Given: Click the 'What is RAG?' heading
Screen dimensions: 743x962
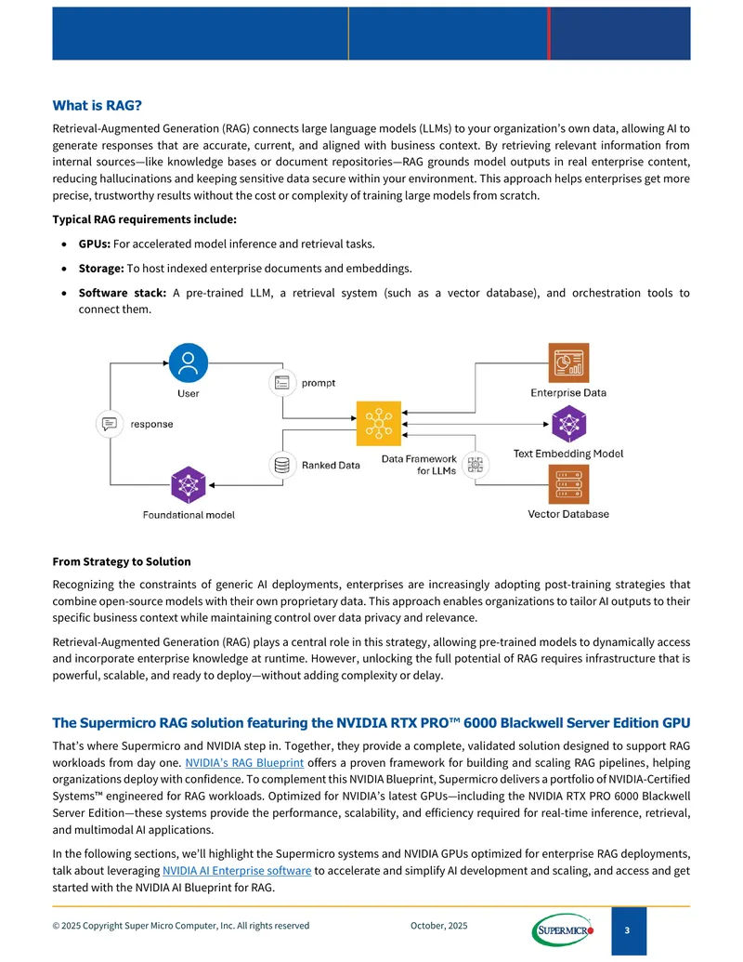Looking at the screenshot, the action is pos(97,106).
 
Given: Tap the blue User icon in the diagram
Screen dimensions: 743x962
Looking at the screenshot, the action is pos(189,362).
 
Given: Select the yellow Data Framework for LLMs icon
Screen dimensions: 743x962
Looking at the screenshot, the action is pos(379,423).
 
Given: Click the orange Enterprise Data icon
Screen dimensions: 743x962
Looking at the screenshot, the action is pos(568,362).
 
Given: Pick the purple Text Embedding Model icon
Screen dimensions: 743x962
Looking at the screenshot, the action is pos(569,424).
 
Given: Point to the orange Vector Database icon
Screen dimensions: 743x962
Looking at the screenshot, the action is pos(568,484).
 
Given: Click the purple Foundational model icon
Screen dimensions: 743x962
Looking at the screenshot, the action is pos(189,485).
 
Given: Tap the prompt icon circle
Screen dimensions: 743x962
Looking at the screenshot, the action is pos(282,383).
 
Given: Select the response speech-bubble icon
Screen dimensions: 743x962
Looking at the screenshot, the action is pos(110,424).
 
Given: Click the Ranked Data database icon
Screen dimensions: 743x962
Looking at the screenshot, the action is pos(282,465).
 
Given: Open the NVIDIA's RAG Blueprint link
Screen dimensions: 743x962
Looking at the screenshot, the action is pos(244,762).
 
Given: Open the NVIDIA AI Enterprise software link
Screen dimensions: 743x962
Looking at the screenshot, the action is pos(237,871).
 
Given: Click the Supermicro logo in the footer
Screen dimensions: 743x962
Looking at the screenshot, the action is pos(563,930).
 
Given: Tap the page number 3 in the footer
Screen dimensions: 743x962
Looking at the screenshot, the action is pos(627,930).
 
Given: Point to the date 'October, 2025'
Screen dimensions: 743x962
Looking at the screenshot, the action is pos(439,925).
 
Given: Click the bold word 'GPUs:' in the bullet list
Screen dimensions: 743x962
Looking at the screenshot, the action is pos(95,244).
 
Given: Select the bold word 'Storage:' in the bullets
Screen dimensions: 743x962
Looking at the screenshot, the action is pos(101,268).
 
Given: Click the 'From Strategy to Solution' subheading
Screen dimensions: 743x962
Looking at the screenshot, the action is pos(122,561).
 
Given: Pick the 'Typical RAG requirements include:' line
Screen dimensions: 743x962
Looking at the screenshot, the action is pos(144,219).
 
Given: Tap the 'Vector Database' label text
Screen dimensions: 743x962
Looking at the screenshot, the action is pos(568,514).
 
